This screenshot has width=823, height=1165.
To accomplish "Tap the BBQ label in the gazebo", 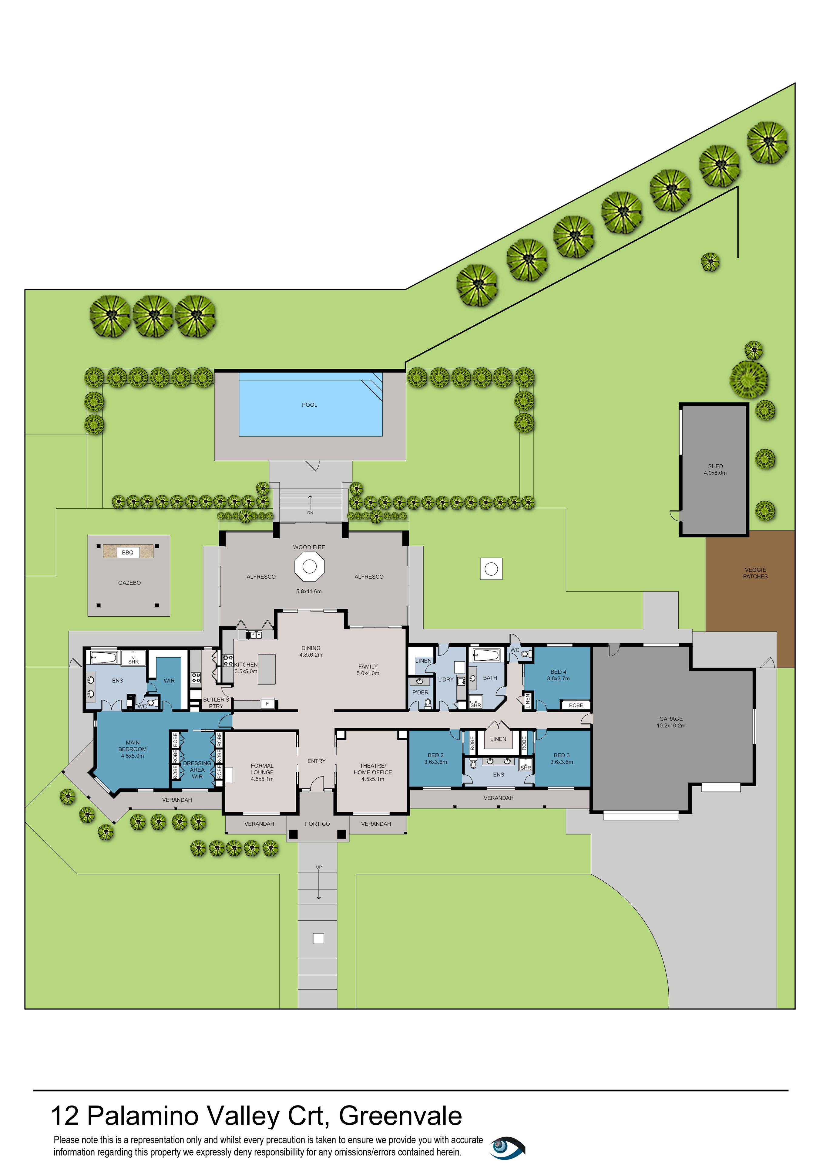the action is tap(128, 553).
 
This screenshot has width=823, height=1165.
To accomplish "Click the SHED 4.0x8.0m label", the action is tap(715, 469).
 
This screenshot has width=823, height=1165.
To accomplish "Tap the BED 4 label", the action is tap(558, 672).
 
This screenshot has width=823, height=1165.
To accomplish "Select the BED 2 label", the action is tap(435, 756).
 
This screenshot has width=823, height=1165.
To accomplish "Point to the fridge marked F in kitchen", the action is tap(267, 704).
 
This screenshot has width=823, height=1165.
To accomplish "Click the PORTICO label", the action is tap(317, 824).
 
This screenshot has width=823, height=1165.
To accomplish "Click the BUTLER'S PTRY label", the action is tap(216, 703).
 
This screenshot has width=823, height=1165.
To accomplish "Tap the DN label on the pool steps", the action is tap(310, 513).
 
